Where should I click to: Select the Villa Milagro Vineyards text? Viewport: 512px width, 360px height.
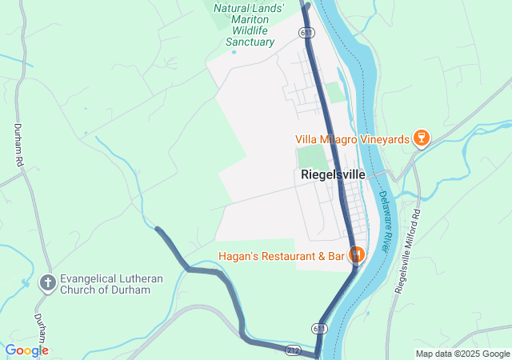pyautogui.click(x=352, y=139)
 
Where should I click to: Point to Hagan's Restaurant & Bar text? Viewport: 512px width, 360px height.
pyautogui.click(x=280, y=256)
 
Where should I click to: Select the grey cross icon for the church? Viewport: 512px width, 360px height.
pyautogui.click(x=48, y=283)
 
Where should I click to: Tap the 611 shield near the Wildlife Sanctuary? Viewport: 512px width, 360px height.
pyautogui.click(x=307, y=32)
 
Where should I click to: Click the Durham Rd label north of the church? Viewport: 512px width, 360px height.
pyautogui.click(x=18, y=145)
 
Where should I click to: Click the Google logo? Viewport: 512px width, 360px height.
pyautogui.click(x=26, y=350)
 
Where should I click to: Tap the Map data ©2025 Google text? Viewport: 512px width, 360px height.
pyautogui.click(x=462, y=354)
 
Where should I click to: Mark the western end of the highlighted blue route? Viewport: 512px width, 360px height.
pyautogui.click(x=158, y=230)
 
